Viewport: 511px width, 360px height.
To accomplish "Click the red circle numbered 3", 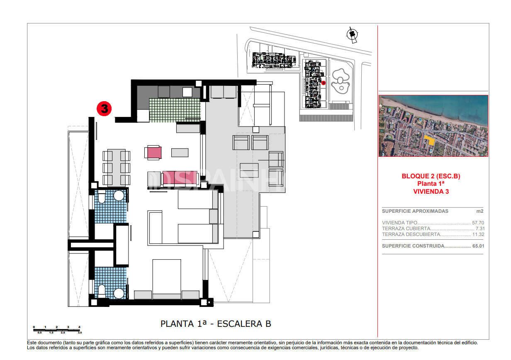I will (104, 109).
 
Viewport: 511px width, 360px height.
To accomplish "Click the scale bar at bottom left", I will (57, 330).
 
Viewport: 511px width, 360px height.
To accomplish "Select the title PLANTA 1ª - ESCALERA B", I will (216, 324).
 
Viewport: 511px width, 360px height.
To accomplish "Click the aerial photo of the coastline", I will (433, 126).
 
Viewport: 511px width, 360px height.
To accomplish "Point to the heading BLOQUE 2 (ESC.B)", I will (431, 176).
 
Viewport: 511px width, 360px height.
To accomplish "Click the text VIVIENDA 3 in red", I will (431, 191).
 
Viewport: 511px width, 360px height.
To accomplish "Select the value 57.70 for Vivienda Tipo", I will (478, 223).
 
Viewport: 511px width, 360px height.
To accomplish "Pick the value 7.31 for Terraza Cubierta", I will (479, 229).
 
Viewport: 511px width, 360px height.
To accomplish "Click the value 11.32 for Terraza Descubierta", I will (478, 234).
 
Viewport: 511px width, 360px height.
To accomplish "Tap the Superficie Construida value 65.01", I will (478, 246).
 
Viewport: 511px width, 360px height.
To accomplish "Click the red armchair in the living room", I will (153, 152).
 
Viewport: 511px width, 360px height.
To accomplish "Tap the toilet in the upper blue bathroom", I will (102, 196).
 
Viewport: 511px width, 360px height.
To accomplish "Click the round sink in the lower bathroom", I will (119, 293).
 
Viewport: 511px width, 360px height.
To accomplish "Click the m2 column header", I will (480, 211).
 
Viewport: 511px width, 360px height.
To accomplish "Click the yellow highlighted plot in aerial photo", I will (431, 141).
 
